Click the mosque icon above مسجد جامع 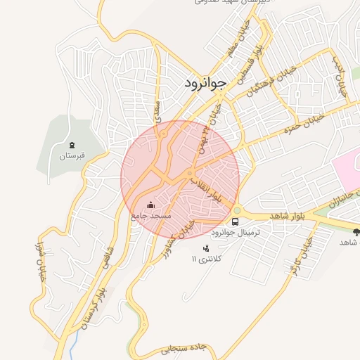coord(149,205)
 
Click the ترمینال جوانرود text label coord(236,231)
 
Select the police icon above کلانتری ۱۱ coord(205,248)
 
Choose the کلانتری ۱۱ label coord(206,259)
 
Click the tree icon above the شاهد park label coord(355,231)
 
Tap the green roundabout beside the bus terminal coord(237,210)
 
